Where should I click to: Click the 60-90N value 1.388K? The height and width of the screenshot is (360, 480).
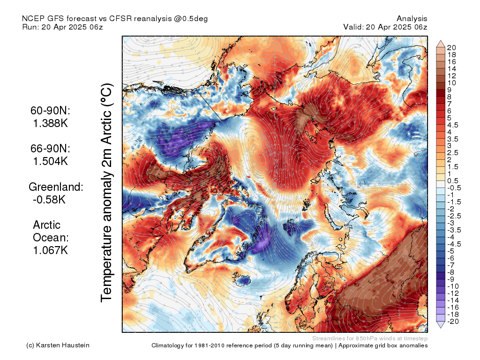(50, 124)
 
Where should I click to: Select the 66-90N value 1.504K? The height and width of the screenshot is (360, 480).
(50, 161)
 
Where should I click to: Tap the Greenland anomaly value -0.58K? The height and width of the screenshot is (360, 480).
(49, 200)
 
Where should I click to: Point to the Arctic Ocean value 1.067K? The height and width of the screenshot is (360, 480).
(51, 250)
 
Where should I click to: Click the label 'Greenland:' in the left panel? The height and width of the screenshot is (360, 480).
(56, 187)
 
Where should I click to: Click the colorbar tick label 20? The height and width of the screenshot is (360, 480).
(451, 48)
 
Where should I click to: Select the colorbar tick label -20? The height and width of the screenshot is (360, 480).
(453, 322)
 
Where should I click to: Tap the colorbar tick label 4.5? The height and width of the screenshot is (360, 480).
(453, 125)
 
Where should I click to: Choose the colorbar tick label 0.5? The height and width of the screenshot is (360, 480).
(453, 181)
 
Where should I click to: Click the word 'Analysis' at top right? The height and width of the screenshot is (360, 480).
(412, 19)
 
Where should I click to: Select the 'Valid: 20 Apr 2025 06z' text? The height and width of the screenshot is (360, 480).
(385, 27)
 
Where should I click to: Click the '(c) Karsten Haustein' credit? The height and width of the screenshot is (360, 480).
(58, 345)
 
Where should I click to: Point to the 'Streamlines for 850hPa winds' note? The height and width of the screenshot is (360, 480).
(370, 338)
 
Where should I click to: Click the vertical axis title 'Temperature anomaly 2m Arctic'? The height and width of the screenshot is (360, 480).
(107, 192)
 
